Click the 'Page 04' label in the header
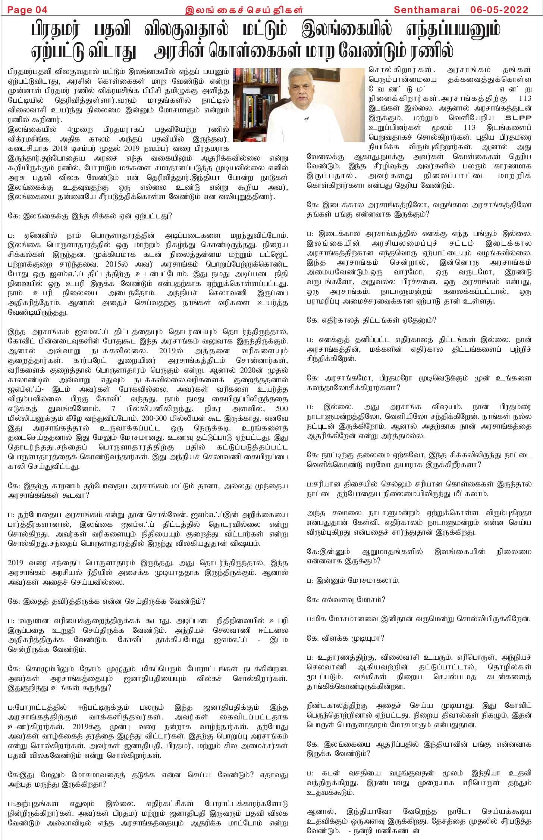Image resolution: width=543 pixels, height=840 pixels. coord(27,10)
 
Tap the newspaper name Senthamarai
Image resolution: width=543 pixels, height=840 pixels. coord(427,10)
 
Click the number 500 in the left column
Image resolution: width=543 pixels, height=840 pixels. coord(282,409)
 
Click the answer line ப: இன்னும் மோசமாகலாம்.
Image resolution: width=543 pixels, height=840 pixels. coord(353,580)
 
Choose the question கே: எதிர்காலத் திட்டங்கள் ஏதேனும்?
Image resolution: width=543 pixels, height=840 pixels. coord(371,320)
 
